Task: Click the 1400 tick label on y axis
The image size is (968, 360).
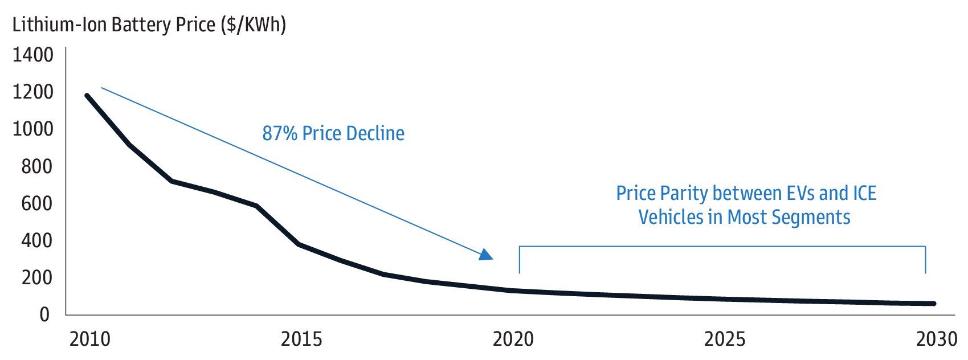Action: (x=33, y=55)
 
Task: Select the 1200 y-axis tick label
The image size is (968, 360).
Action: (x=33, y=92)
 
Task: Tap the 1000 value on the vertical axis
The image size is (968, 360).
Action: (x=33, y=129)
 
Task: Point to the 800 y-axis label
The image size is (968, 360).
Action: (x=37, y=166)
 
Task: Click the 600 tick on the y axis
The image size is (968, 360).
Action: (x=37, y=203)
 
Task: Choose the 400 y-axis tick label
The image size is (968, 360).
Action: (x=37, y=240)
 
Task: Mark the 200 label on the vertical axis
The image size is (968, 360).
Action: (x=37, y=277)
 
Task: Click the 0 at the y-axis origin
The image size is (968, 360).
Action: (x=44, y=314)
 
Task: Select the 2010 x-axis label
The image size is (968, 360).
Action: (x=90, y=339)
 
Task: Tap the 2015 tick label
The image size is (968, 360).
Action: (x=301, y=339)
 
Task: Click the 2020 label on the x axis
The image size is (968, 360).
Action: (x=513, y=339)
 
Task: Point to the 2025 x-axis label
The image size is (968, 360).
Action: (x=724, y=339)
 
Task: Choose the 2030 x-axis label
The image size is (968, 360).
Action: (x=936, y=339)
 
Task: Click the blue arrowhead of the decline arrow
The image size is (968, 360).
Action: (x=486, y=255)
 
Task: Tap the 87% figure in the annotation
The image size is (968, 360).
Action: (x=280, y=133)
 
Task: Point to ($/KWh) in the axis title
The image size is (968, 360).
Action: (x=254, y=25)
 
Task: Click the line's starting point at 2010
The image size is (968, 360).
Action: (x=87, y=95)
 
